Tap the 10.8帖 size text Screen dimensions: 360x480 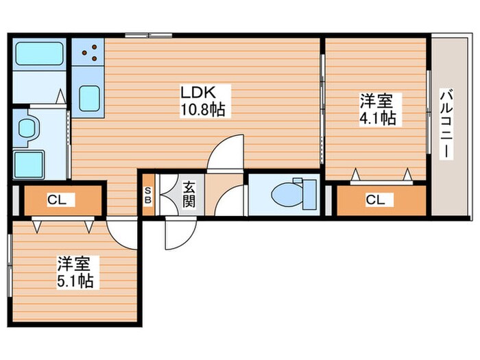point(204,108)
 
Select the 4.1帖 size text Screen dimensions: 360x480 point(377,118)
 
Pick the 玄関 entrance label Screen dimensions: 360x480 point(189,193)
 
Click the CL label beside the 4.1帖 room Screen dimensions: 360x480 point(374,200)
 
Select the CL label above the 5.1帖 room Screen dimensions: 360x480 point(57,200)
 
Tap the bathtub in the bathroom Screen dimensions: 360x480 point(38,53)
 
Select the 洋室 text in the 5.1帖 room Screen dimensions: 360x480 point(75,264)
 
